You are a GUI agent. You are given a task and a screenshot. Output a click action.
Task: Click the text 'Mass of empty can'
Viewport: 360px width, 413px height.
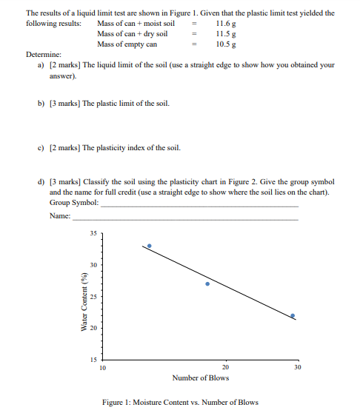point(127,44)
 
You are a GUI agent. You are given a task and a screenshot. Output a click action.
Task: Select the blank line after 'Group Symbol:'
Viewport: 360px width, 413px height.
point(200,204)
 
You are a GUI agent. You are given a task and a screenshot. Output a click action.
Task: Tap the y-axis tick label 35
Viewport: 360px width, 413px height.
point(93,233)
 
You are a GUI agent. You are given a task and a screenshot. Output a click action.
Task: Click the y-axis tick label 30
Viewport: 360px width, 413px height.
point(93,264)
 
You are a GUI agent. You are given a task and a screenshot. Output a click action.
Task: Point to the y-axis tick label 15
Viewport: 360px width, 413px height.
point(93,358)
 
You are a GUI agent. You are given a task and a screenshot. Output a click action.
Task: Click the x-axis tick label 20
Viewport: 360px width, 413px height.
point(225,368)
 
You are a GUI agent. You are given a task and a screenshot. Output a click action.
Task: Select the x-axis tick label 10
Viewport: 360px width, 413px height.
point(102,368)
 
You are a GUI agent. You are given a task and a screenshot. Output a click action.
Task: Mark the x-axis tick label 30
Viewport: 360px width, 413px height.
point(297,368)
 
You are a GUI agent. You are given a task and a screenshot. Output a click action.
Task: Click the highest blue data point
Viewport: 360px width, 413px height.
point(150,246)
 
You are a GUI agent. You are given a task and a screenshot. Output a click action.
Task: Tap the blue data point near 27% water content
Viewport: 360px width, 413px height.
point(207,283)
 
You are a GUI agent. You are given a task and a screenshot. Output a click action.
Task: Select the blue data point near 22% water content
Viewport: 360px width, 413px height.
point(293,315)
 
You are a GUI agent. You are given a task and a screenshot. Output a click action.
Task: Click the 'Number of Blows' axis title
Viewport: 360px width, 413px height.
point(200,378)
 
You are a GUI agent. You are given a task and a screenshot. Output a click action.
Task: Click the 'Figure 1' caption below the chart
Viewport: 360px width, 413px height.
point(181,403)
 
